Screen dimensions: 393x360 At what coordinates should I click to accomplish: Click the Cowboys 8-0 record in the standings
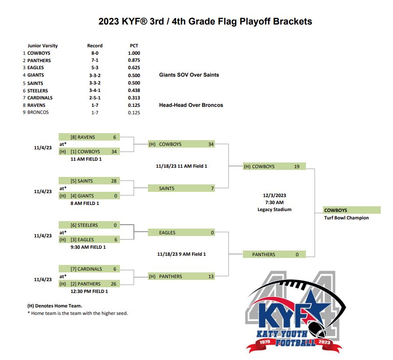[95, 53]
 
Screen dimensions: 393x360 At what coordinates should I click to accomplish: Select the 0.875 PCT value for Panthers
[134, 60]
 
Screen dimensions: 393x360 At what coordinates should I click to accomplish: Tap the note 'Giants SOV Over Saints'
[189, 75]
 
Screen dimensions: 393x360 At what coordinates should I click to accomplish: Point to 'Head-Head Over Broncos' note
[191, 105]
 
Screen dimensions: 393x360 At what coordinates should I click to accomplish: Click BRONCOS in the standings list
[38, 113]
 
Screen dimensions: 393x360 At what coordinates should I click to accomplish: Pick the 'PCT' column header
[134, 46]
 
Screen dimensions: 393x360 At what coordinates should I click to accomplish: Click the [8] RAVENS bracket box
[89, 137]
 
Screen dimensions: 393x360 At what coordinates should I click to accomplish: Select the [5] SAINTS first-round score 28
[114, 181]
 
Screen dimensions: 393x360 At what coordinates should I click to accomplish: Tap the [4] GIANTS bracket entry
[89, 196]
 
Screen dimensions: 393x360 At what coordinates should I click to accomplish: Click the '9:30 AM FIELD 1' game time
[88, 247]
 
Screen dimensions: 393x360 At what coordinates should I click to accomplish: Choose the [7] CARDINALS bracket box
[89, 269]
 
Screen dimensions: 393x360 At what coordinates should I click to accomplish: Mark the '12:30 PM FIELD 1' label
[89, 291]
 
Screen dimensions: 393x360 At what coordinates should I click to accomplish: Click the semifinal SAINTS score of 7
[212, 188]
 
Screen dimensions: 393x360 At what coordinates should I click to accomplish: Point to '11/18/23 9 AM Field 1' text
[182, 254]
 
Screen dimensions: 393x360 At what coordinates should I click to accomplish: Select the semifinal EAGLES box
[181, 233]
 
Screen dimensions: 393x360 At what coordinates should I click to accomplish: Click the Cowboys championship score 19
[297, 166]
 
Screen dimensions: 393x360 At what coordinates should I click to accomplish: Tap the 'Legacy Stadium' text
[274, 209]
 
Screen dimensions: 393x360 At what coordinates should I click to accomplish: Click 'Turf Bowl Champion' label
[346, 218]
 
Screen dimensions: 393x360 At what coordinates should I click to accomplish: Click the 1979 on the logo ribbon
[265, 342]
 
